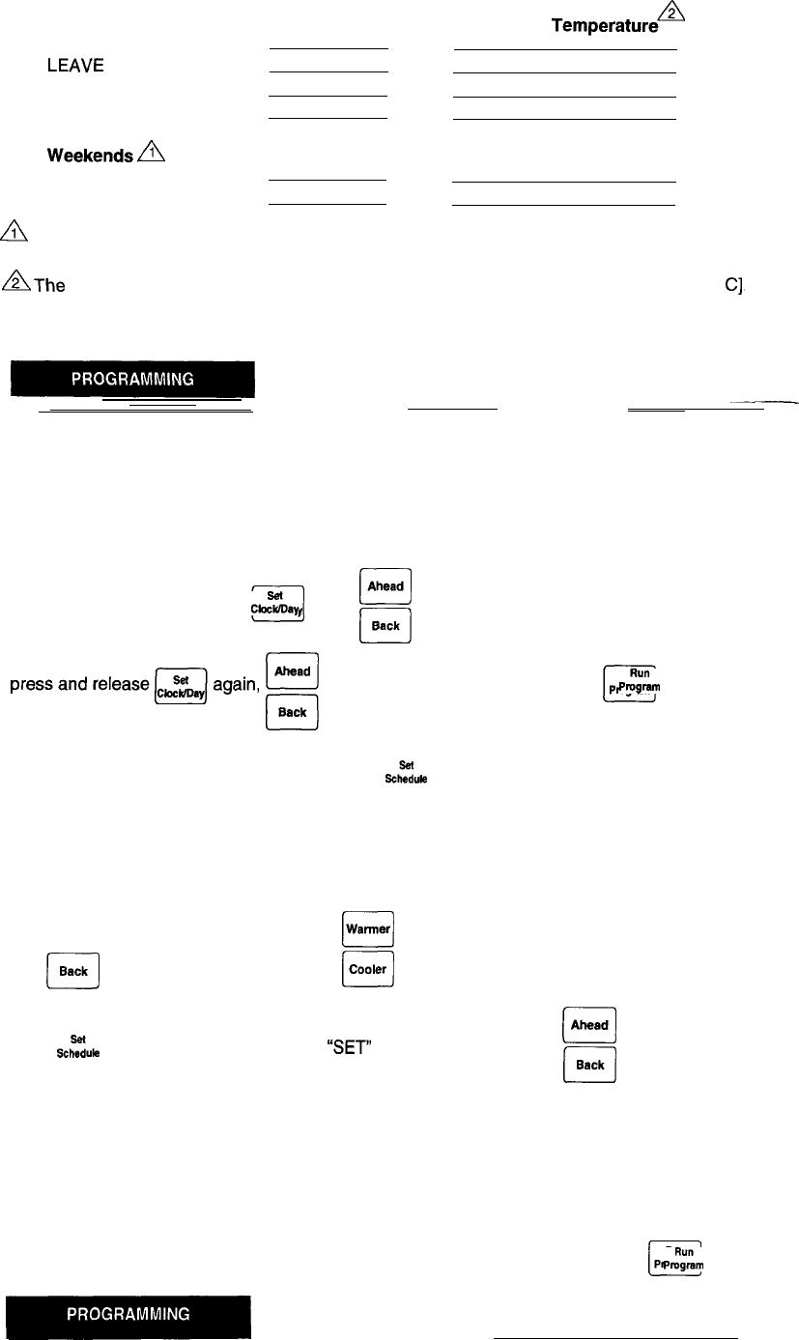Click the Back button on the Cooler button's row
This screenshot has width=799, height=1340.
(73, 972)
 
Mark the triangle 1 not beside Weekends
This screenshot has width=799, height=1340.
(18, 233)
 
